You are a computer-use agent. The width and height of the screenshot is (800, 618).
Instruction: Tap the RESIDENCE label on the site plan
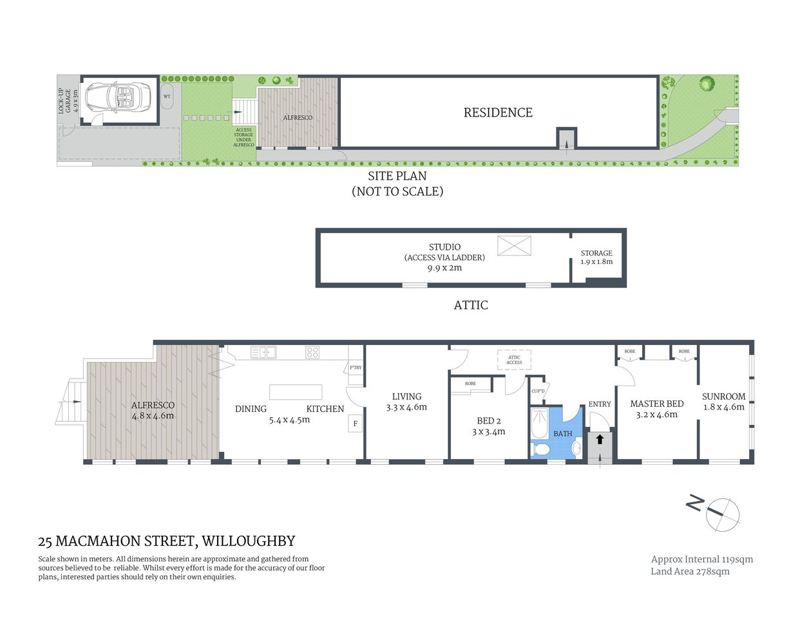pos(498,113)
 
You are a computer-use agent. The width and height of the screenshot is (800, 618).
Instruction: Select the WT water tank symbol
pos(167,97)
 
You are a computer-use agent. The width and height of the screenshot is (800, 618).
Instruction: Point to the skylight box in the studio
pos(514,245)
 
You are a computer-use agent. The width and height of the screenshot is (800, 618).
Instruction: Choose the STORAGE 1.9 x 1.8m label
pos(596,257)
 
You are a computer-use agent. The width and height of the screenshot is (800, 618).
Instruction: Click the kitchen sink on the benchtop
pos(263,352)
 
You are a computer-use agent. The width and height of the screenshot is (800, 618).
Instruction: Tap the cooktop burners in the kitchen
pos(312,352)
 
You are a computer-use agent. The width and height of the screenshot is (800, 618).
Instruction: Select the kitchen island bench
pos(295,392)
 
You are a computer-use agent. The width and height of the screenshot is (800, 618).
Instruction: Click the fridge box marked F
pos(355,424)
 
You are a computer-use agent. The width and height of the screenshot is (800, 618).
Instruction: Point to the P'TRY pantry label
pos(356,368)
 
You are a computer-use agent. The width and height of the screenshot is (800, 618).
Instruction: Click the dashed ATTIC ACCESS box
pos(514,360)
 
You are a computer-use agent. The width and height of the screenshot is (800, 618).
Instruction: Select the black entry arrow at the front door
pos(600,440)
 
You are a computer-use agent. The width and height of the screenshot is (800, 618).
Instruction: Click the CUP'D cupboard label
pos(538,391)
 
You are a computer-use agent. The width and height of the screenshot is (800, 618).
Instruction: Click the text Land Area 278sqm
pos(690,572)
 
